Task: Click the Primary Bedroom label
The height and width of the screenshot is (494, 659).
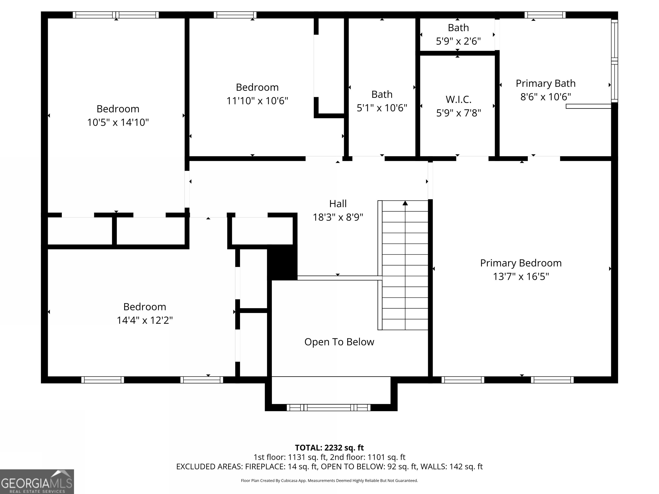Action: tap(521, 263)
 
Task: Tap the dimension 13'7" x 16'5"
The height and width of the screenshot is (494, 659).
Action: tap(521, 277)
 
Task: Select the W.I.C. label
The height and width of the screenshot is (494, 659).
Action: tap(458, 99)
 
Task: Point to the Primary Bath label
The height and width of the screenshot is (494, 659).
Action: tap(546, 83)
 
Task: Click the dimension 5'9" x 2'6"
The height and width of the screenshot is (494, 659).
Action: tap(458, 41)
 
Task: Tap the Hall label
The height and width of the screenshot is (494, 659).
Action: tap(338, 204)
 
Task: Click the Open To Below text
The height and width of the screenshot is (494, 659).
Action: tap(339, 342)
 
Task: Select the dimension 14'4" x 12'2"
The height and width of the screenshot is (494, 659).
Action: tap(145, 320)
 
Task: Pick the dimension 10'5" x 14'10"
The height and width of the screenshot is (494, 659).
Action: tap(118, 122)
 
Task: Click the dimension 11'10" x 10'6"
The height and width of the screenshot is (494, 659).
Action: tap(257, 101)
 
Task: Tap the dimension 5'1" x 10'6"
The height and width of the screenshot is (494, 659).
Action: tap(382, 108)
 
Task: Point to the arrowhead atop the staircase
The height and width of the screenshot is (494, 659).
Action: tap(405, 203)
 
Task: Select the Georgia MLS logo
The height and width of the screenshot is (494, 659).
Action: tap(37, 482)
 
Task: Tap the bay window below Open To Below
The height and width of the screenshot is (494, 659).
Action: tap(329, 408)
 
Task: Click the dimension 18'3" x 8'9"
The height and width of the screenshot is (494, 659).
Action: tap(338, 217)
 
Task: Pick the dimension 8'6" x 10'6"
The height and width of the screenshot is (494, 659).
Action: tap(546, 97)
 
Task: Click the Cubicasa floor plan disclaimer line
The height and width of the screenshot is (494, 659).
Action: tap(329, 481)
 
